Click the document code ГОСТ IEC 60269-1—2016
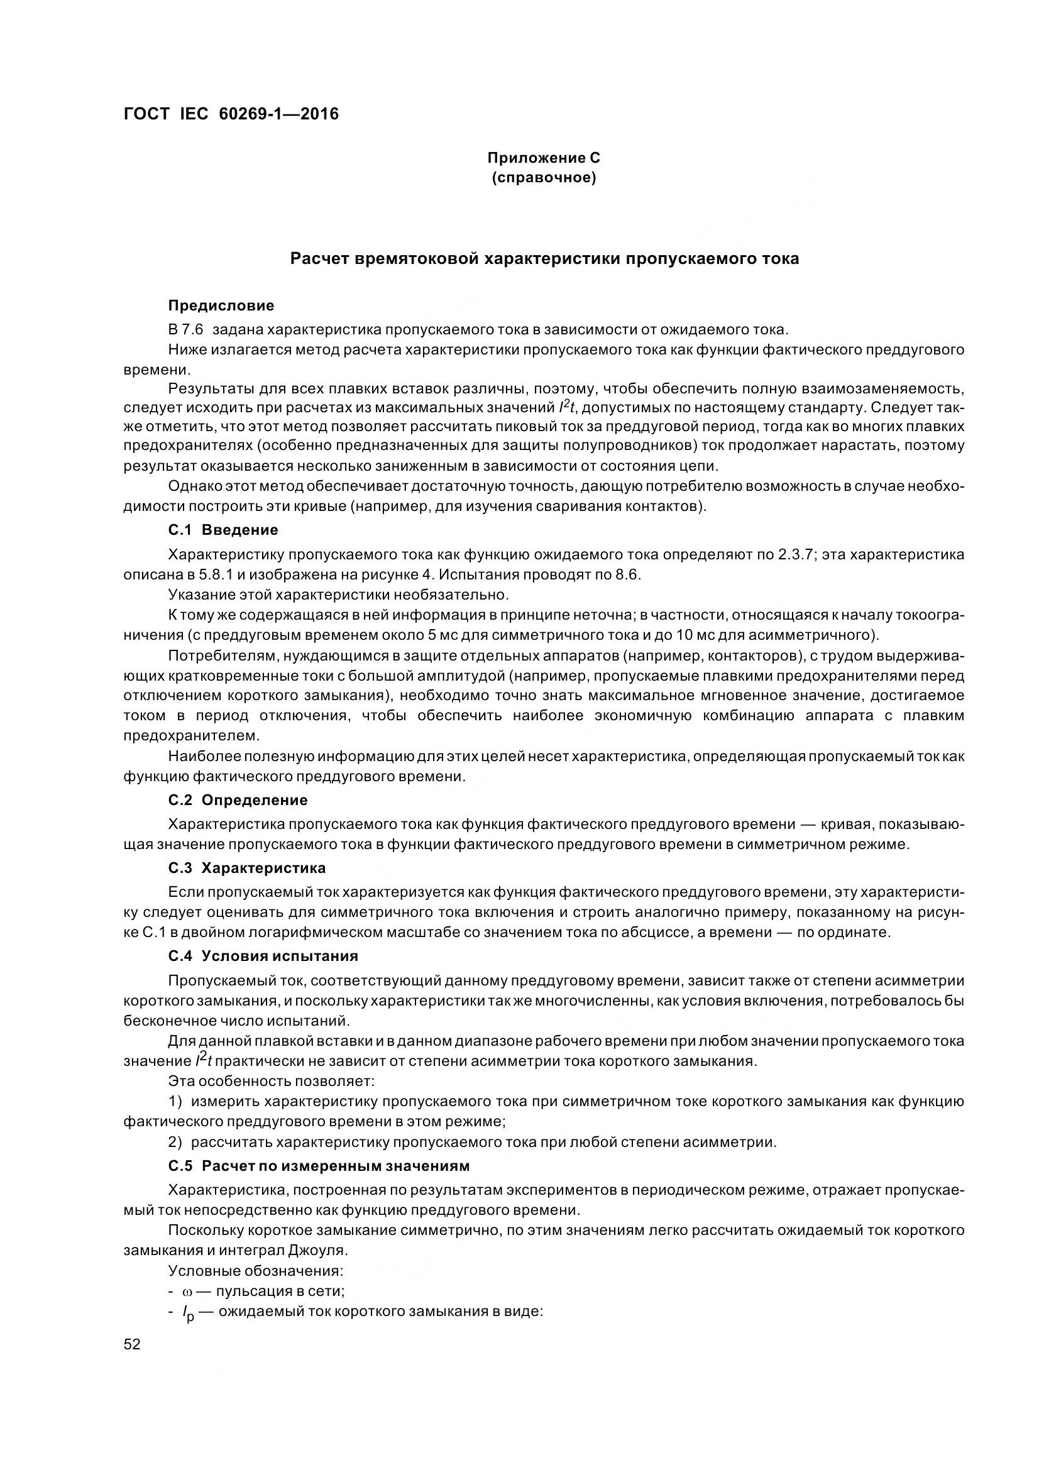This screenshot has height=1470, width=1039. [x=231, y=114]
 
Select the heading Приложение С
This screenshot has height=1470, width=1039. [x=544, y=158]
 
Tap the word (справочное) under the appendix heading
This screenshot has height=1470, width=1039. [x=544, y=177]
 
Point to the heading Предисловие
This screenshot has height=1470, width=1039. [x=221, y=305]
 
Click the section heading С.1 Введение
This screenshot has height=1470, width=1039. [x=223, y=529]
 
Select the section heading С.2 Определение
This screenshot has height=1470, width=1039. [x=238, y=799]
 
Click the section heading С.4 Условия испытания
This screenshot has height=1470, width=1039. [x=263, y=956]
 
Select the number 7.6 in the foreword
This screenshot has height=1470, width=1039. [x=192, y=331]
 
